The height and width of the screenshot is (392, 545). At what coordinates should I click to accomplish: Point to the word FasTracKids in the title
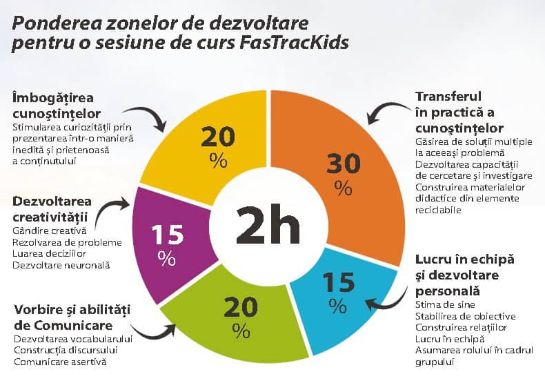[x=296, y=43]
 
